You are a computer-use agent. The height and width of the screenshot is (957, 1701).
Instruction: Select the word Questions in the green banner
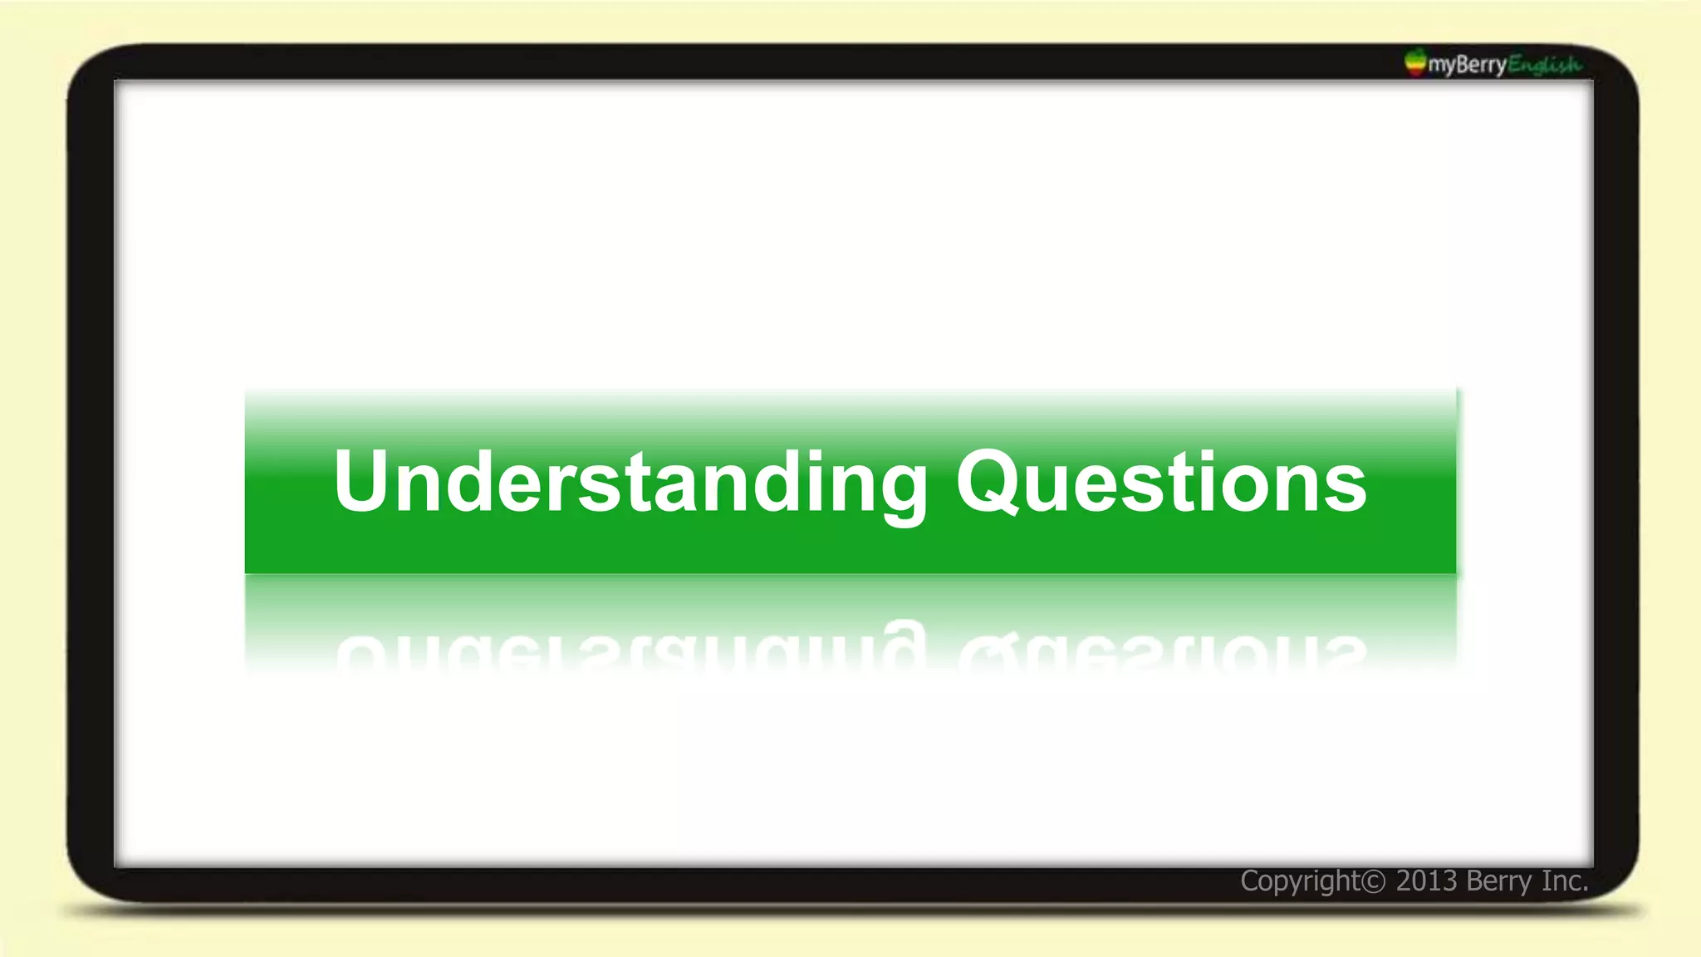pos(1161,483)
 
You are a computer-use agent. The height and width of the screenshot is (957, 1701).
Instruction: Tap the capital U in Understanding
pos(363,481)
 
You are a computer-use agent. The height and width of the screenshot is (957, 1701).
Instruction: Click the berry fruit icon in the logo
pos(1414,62)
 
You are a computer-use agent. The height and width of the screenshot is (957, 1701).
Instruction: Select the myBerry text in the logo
pos(1467,64)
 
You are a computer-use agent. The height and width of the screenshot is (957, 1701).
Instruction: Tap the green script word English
pos(1544,64)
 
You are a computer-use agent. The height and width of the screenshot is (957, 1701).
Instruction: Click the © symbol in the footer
pos(1374,881)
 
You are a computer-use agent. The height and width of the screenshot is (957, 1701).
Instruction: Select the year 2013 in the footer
pos(1426,881)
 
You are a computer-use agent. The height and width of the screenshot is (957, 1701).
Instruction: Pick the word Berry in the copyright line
pos(1498,881)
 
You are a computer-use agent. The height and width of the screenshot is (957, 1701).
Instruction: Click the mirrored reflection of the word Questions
pos(1161,651)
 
